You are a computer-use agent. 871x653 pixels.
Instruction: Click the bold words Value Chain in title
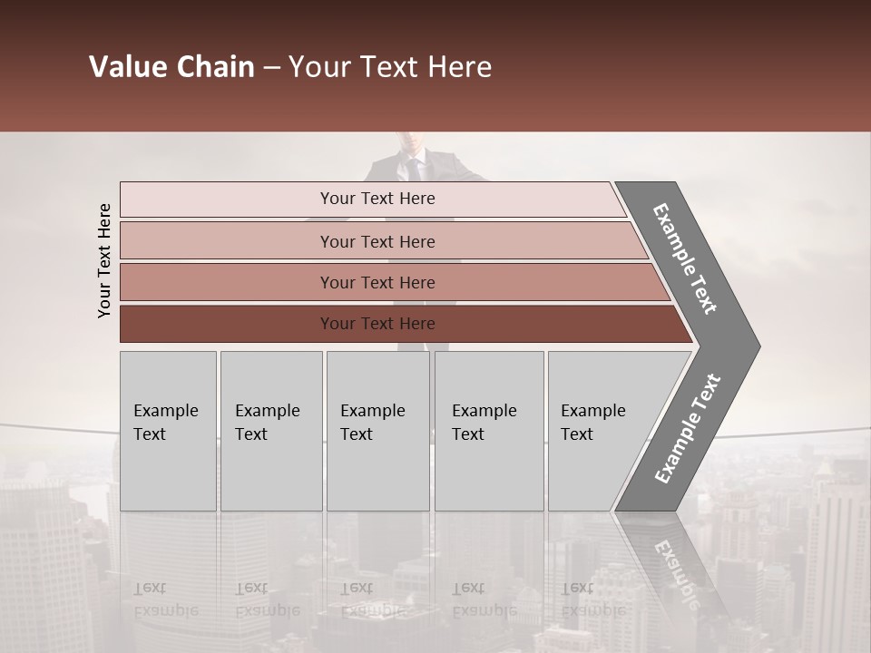pyautogui.click(x=171, y=67)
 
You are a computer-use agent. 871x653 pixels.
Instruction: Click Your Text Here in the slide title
pyautogui.click(x=390, y=67)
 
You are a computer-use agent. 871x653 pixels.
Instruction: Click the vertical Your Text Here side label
pyautogui.click(x=104, y=260)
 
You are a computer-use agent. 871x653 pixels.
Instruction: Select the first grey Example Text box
pyautogui.click(x=168, y=431)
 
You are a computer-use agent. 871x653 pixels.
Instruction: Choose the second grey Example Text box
pyautogui.click(x=270, y=431)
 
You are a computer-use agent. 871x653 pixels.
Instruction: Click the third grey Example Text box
pyautogui.click(x=377, y=431)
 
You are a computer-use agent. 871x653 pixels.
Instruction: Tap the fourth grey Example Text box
pyautogui.click(x=488, y=431)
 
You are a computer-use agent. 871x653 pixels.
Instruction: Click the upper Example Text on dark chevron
pyautogui.click(x=685, y=258)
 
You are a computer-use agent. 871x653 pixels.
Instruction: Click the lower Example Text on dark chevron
pyautogui.click(x=687, y=429)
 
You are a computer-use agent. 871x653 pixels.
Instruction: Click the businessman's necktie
pyautogui.click(x=414, y=169)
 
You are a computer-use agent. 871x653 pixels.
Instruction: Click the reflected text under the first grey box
pyautogui.click(x=165, y=599)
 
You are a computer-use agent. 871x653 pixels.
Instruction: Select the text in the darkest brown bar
pyautogui.click(x=377, y=324)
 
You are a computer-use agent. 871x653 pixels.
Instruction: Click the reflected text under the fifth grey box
pyautogui.click(x=592, y=599)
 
